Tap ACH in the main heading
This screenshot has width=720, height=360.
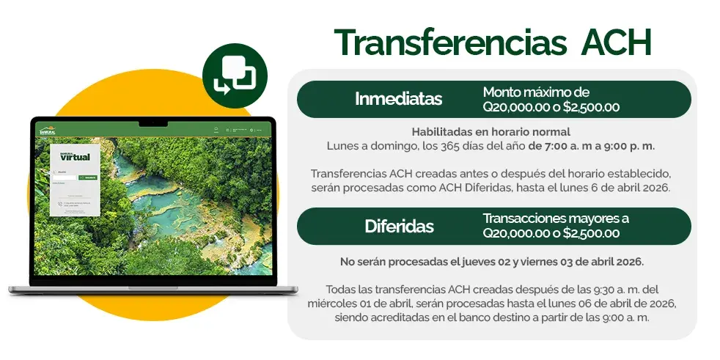[x=615, y=43]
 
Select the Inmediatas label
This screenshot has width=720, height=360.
[x=398, y=99]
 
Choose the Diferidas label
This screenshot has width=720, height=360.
[x=399, y=226]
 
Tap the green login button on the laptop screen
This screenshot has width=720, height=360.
[x=87, y=177]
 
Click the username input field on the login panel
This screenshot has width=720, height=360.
[x=65, y=177]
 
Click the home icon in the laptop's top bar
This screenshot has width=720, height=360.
[x=216, y=129]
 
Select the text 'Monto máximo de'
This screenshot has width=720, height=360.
[x=536, y=92]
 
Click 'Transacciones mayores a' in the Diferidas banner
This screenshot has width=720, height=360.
[x=556, y=218]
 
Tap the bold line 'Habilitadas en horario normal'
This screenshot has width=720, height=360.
[x=491, y=132]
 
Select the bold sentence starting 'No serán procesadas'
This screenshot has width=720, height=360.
[x=491, y=262]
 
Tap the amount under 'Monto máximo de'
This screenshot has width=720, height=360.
[x=551, y=107]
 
